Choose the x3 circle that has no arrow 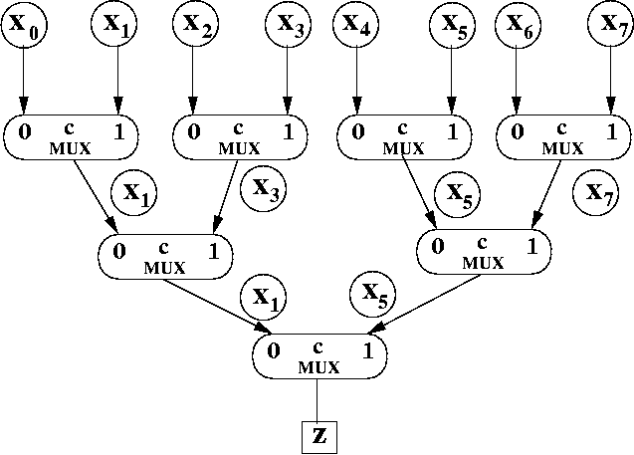click(262, 186)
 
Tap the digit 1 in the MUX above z click(367, 350)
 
